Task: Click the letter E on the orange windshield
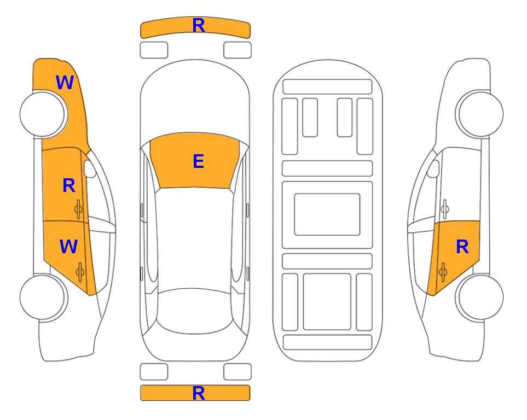point(198,161)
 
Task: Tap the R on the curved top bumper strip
point(199,26)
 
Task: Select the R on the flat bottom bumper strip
point(199,393)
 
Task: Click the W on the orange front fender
point(65,83)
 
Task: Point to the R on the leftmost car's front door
point(69,185)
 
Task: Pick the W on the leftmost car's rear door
point(68,246)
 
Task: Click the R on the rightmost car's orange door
point(462,247)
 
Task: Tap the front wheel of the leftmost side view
point(43,114)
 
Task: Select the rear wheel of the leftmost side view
point(43,297)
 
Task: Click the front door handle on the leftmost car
point(78,209)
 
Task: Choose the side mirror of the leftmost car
point(89,168)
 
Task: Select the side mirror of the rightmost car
point(433,168)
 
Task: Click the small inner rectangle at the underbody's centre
point(327,214)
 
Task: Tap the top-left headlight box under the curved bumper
point(154,50)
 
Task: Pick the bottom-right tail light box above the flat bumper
point(238,372)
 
